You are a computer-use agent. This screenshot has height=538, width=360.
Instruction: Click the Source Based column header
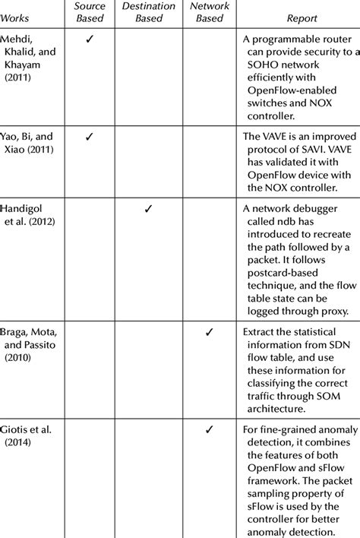pos(90,12)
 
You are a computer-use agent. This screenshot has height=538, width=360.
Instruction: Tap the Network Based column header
pos(209,12)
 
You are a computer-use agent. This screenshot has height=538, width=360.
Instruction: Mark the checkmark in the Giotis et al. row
pos(209,430)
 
